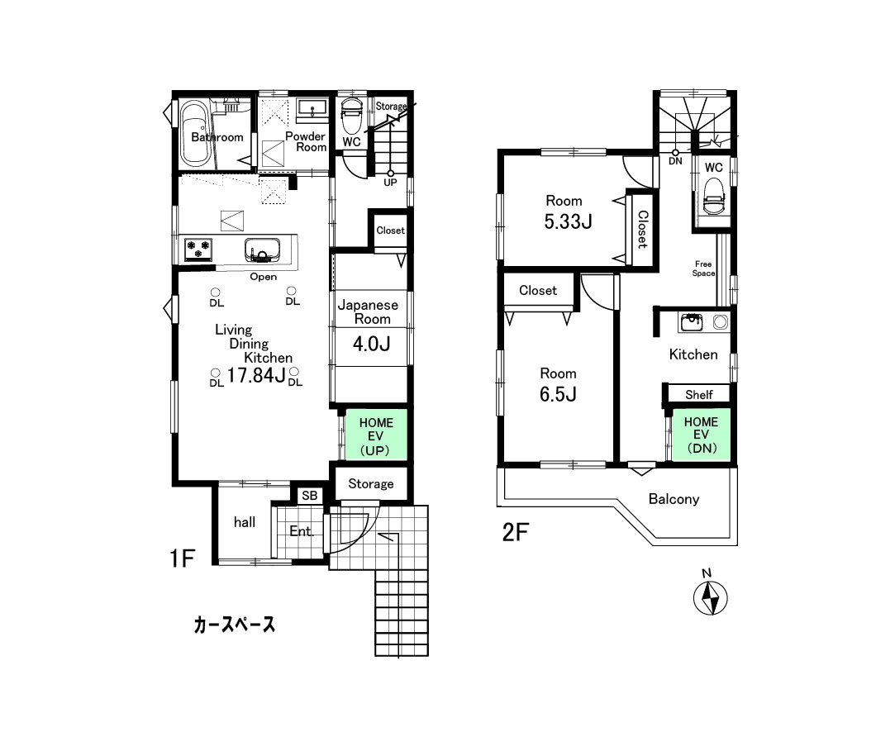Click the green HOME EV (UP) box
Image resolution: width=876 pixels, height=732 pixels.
[x=376, y=437]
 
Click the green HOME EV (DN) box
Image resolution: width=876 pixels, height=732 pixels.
[x=700, y=435]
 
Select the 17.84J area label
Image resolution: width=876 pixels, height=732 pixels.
[x=256, y=377]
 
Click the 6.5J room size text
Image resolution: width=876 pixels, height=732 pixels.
[x=558, y=394]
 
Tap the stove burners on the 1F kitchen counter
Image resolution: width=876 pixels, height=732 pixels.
[x=198, y=246]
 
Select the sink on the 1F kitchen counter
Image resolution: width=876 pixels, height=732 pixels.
[x=263, y=249]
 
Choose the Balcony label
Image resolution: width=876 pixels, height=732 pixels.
[x=674, y=499]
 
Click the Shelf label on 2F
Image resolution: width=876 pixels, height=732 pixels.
[x=698, y=395]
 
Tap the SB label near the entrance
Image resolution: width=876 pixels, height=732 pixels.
[x=309, y=496]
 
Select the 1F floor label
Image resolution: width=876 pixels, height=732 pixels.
[x=182, y=559]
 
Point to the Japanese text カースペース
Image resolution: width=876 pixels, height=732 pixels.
[x=234, y=625]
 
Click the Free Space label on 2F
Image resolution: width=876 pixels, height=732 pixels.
[x=704, y=269]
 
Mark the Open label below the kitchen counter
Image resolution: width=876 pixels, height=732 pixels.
[x=264, y=277]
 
